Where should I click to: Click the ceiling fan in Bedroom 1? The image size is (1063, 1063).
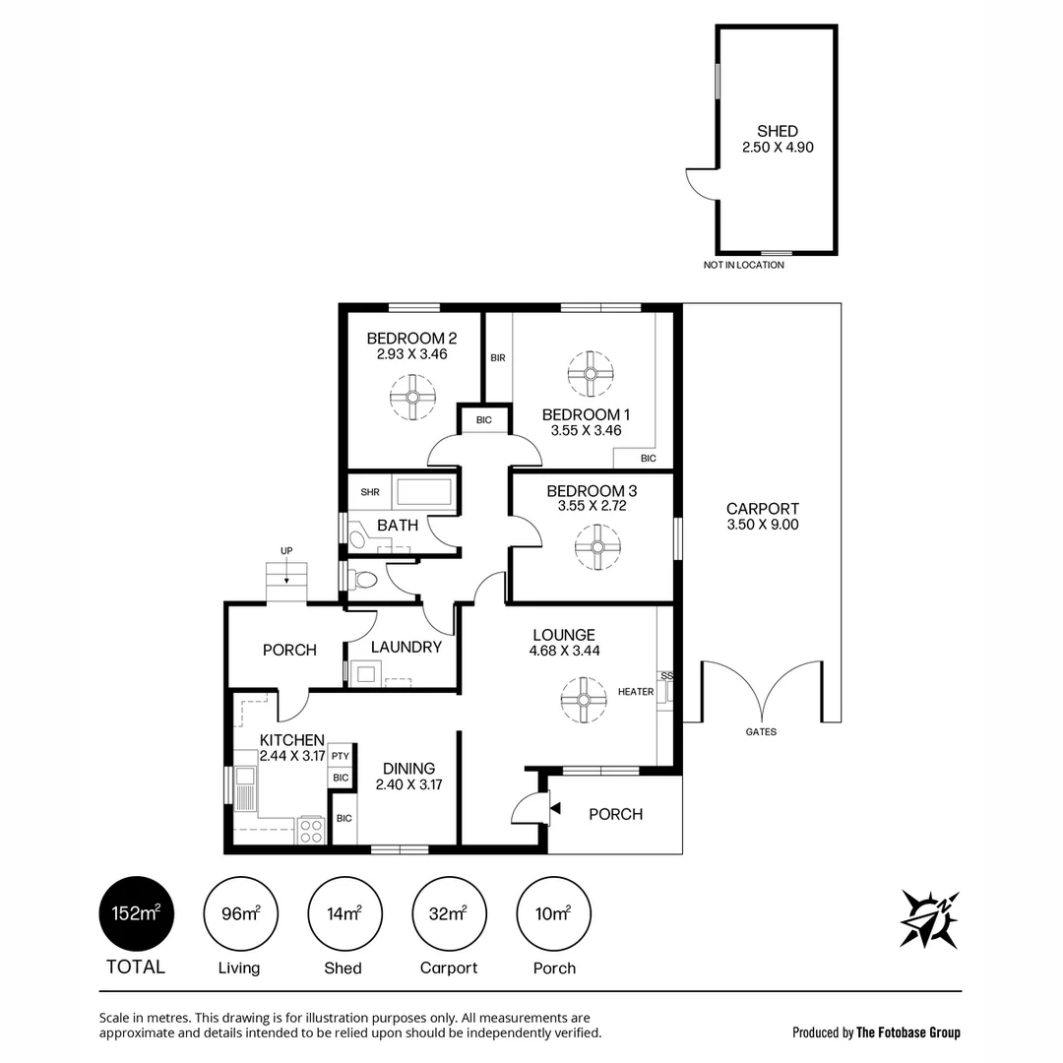point(591,374)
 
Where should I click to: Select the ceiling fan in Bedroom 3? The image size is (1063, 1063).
point(597,547)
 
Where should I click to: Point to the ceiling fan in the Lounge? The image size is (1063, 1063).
point(583,700)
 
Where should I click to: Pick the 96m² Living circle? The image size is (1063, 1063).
point(239,914)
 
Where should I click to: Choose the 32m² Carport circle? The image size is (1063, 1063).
point(449,914)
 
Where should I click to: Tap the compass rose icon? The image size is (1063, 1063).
point(929,919)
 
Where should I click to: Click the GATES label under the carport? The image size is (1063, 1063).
point(761,732)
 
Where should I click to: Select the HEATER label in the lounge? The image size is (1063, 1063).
point(636,692)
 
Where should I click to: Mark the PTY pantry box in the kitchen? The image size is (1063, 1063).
point(341,756)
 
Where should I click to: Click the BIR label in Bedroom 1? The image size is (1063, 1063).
point(498,358)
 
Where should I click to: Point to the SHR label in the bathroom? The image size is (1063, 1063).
point(370,492)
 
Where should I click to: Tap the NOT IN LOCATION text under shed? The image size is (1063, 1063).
point(744,265)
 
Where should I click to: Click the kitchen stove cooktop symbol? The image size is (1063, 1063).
point(311,831)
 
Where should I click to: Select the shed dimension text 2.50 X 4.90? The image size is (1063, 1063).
point(778,148)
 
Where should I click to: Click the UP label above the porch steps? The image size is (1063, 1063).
point(286,550)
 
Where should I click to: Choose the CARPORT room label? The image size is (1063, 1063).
point(763,509)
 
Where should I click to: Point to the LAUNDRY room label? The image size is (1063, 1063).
point(406,647)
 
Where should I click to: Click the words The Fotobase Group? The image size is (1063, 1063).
point(908,1032)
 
